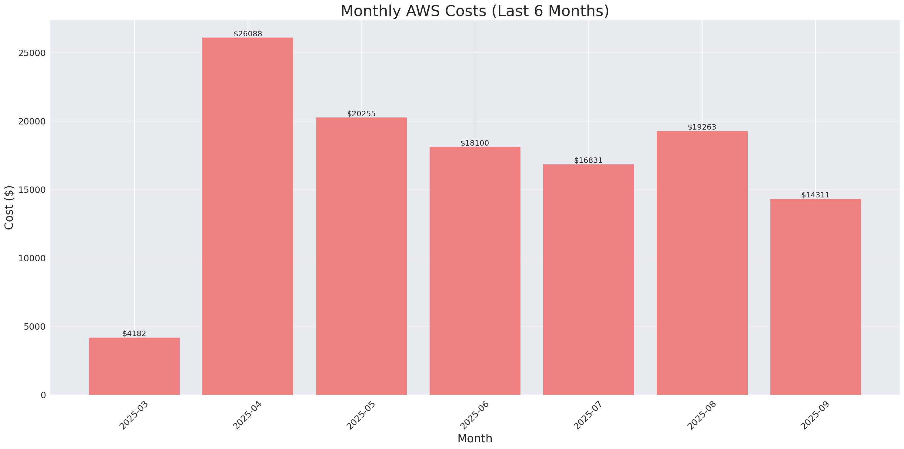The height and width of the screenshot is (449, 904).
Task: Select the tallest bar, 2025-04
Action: (248, 216)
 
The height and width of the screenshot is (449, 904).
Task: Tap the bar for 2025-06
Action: (475, 270)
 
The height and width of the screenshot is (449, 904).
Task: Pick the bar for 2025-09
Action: (815, 296)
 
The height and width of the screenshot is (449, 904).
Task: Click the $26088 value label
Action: (248, 34)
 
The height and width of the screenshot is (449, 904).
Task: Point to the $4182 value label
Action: (134, 334)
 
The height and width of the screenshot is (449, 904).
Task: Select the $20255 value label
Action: (361, 114)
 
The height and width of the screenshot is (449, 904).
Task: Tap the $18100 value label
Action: (474, 143)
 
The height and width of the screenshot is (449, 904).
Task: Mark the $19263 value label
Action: (702, 127)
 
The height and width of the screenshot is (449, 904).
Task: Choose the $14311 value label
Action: (815, 195)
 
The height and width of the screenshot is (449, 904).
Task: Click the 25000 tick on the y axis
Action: (32, 53)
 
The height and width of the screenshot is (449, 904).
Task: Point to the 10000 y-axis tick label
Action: (32, 258)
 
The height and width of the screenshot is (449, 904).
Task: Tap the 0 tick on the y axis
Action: (43, 395)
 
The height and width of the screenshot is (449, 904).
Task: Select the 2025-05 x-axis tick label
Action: (361, 415)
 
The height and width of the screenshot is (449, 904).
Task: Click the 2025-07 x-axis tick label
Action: (588, 415)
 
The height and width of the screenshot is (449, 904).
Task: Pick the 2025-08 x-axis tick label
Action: (701, 415)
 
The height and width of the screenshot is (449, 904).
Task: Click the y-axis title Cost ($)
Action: (9, 207)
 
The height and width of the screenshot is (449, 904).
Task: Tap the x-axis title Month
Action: (474, 438)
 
